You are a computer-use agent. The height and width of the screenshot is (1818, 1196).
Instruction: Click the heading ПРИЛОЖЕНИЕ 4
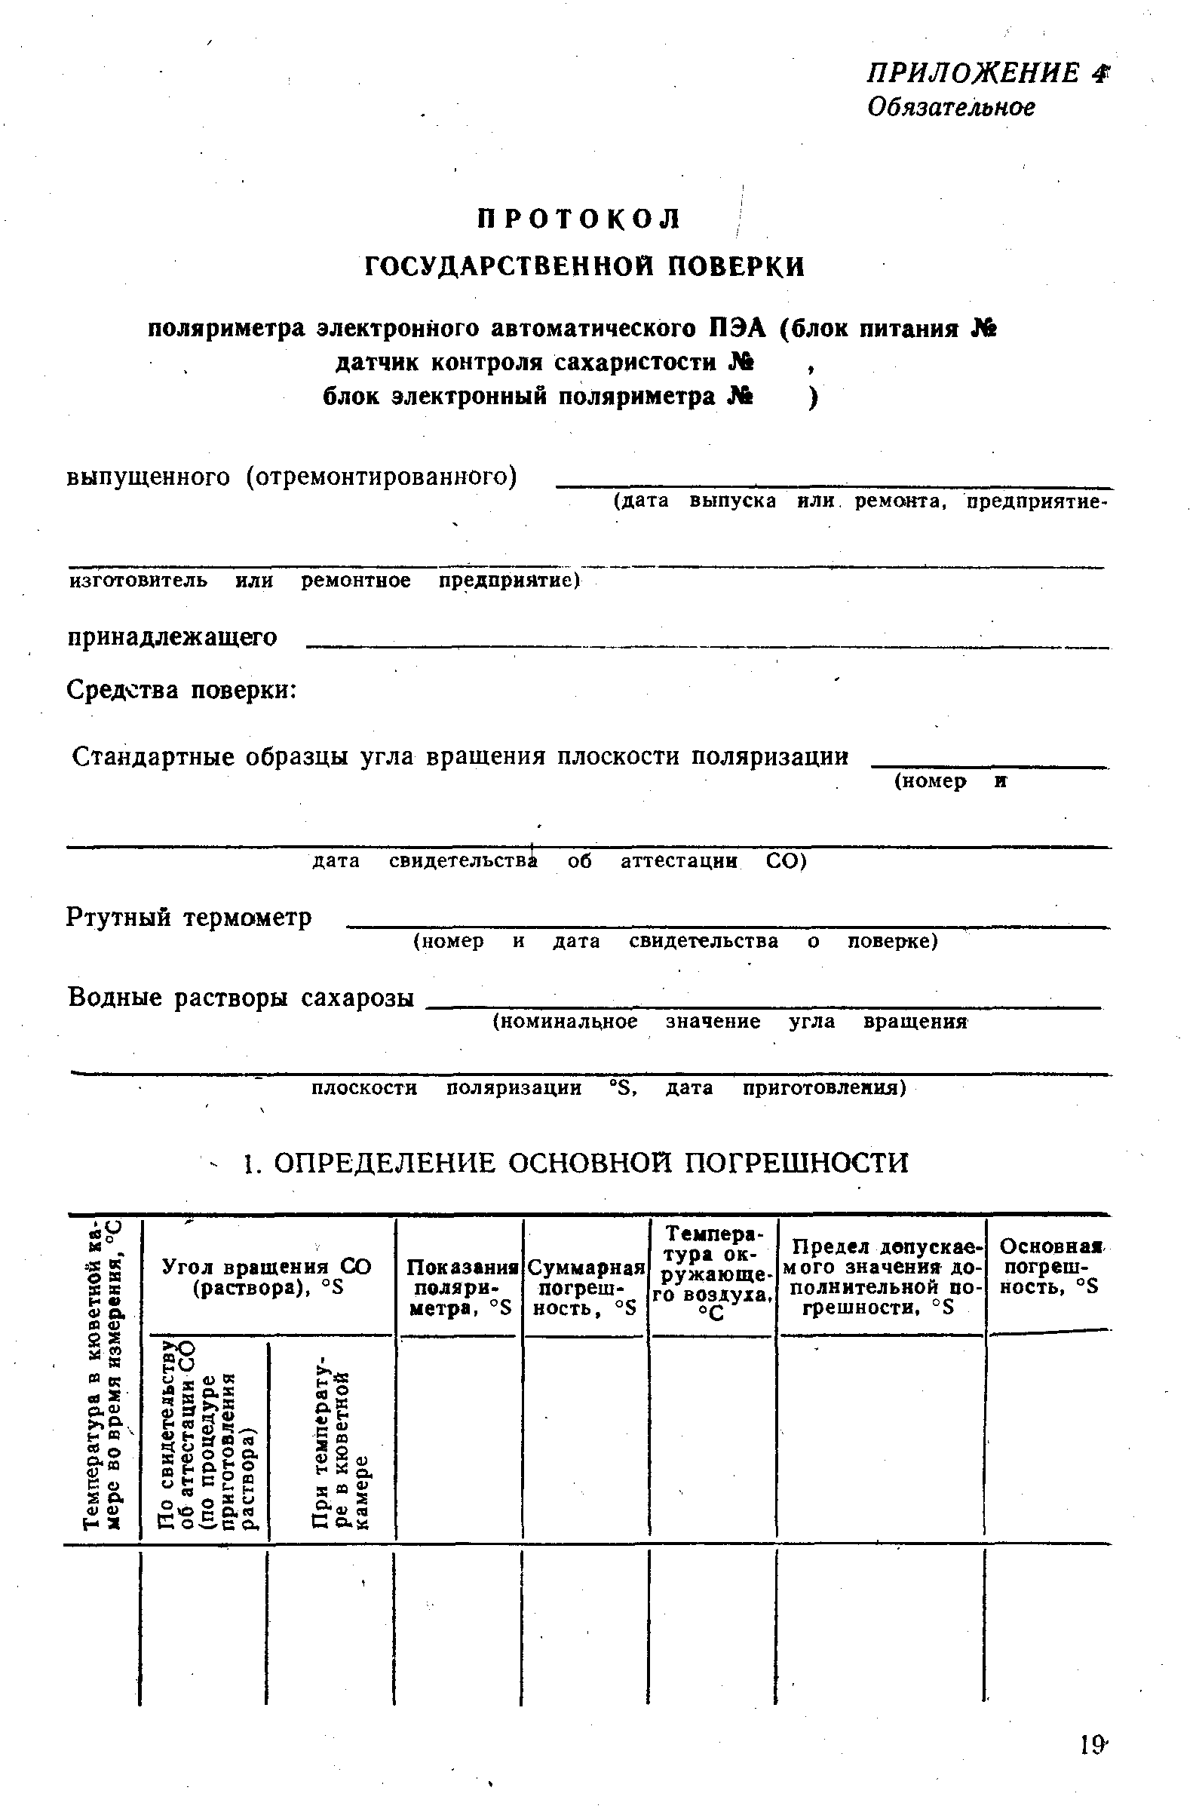click(x=985, y=73)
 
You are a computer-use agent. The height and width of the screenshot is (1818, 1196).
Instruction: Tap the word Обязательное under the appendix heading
click(x=950, y=107)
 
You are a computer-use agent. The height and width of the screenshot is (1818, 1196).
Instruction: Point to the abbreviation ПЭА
click(x=736, y=329)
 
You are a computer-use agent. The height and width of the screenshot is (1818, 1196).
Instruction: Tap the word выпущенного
click(x=148, y=477)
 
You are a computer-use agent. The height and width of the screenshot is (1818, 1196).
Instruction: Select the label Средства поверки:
click(x=182, y=690)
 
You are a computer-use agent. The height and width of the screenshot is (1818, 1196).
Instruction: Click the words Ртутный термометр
click(x=189, y=917)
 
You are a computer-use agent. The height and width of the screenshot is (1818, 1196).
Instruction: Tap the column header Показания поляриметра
click(x=459, y=1288)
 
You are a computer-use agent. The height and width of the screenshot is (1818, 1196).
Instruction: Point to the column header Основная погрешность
click(x=1050, y=1268)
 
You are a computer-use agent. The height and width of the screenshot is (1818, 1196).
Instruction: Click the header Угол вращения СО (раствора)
click(x=267, y=1277)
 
